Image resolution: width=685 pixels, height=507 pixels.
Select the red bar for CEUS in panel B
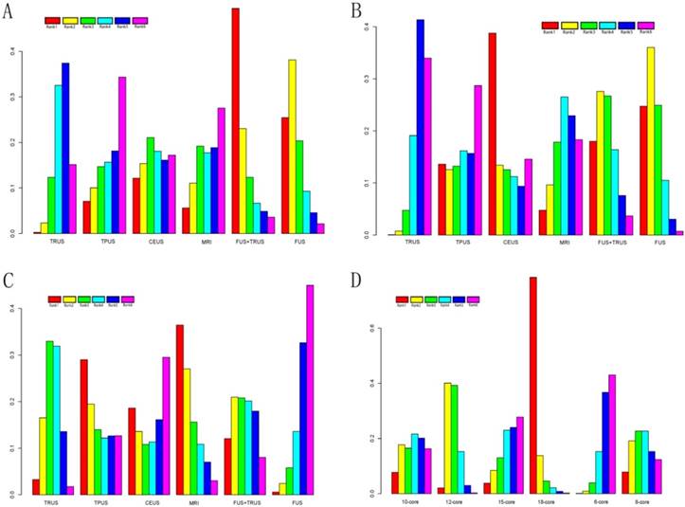[493, 134]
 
